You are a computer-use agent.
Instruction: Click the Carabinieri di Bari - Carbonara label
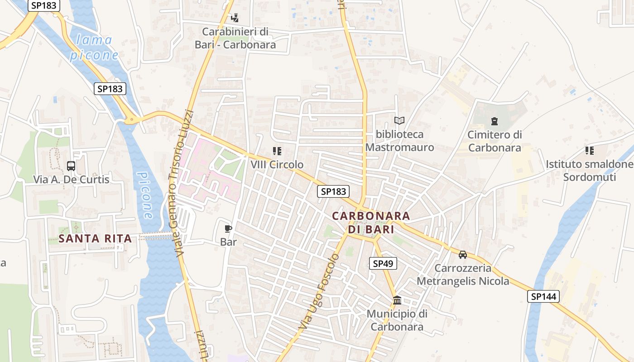pos(235,38)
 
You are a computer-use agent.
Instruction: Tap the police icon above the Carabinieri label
pos(235,18)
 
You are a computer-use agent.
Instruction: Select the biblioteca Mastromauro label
pos(399,141)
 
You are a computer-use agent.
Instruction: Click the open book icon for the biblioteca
pos(399,120)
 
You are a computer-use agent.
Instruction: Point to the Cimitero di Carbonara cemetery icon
pos(494,121)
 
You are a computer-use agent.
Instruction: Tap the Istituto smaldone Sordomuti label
pos(589,170)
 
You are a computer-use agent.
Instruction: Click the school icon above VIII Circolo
pos(277,151)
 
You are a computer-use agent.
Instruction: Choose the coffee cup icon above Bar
pos(228,229)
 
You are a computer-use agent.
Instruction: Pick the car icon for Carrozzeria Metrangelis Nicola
pos(462,255)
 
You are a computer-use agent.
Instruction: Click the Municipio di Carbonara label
pos(397,320)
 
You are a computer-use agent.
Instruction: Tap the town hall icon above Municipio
pos(397,300)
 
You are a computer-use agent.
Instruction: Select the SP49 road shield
pos(383,263)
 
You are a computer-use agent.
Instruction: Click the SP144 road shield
pos(543,296)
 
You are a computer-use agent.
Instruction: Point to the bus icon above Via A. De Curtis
pos(71,166)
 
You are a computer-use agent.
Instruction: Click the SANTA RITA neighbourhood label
pos(96,238)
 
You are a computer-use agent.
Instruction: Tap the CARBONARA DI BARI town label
pos(371,222)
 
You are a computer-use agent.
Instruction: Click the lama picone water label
pos(94,48)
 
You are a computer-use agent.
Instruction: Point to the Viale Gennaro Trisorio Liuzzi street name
pos(180,183)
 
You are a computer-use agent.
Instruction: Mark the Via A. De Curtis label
pos(71,179)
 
